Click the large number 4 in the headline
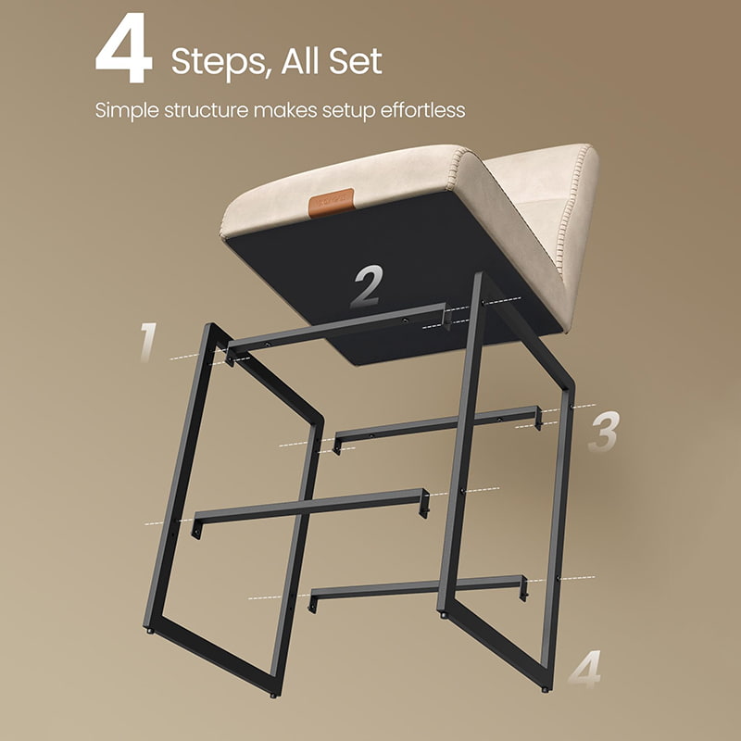pos(124,48)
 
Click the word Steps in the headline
pos(221,61)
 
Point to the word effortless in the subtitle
pos(422,110)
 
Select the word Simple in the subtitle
pos(127,111)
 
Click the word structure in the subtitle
pos(206,110)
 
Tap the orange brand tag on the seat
pos(331,203)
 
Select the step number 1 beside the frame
pos(149,342)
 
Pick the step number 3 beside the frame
pos(604,432)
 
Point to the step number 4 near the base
pos(585,670)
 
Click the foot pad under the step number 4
pos(545,689)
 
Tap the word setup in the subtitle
pos(349,111)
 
